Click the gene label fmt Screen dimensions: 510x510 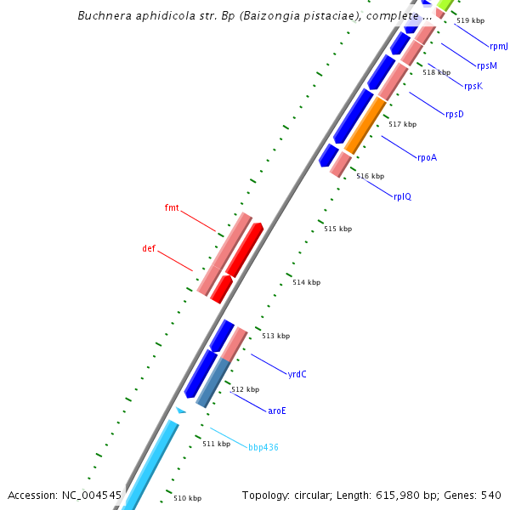coord(172,207)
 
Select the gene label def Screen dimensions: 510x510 coord(149,248)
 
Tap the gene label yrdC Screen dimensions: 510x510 coord(297,374)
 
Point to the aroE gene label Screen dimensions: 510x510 coord(277,411)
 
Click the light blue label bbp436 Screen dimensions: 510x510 coord(263,447)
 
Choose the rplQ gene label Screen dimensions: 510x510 coord(402,196)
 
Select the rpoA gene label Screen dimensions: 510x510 coord(427,157)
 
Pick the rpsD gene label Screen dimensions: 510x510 coord(455,114)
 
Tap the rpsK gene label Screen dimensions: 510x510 coord(473,86)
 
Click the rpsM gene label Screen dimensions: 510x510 coord(487,65)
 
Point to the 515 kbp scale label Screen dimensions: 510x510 coord(337,229)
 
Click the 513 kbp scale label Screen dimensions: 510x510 coord(275,336)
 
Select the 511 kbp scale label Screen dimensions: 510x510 coord(216,444)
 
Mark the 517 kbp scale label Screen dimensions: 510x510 coord(402,124)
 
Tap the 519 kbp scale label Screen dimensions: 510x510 coord(470,20)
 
